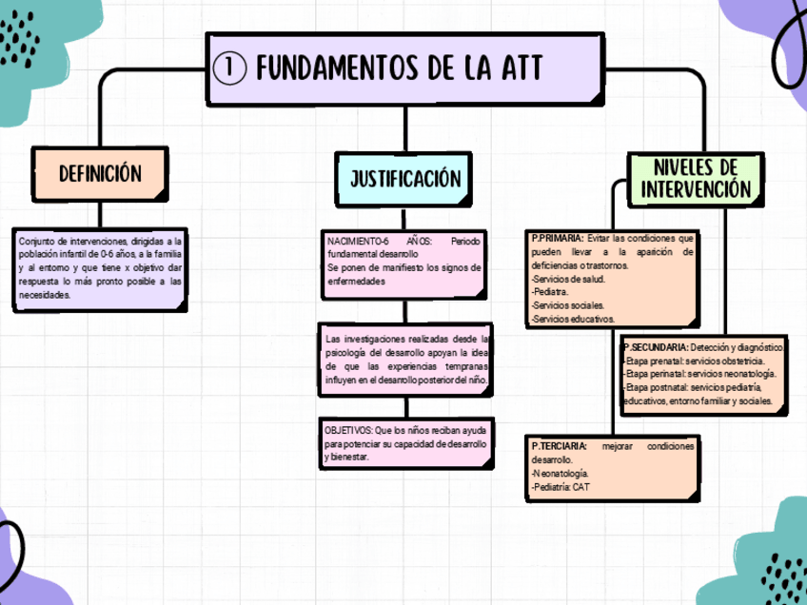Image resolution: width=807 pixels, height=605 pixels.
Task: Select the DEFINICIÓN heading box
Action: click(100, 173)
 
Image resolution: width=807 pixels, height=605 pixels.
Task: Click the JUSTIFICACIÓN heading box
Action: click(405, 179)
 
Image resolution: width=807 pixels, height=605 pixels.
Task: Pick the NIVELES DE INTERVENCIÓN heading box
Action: click(696, 178)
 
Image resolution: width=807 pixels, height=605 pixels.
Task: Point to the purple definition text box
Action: click(100, 268)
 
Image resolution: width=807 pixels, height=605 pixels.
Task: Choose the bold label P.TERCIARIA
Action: click(559, 446)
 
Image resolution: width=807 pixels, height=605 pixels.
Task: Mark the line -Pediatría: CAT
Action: click(561, 486)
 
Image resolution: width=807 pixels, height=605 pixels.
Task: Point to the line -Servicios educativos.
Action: click(573, 319)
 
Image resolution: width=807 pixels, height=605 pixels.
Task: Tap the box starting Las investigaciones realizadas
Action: click(406, 360)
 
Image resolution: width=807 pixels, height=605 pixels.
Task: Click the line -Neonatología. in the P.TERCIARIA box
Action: click(561, 473)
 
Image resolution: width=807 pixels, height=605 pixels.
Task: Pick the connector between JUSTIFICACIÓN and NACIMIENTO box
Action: click(405, 218)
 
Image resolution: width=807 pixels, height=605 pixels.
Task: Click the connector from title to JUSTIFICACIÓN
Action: click(405, 128)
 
